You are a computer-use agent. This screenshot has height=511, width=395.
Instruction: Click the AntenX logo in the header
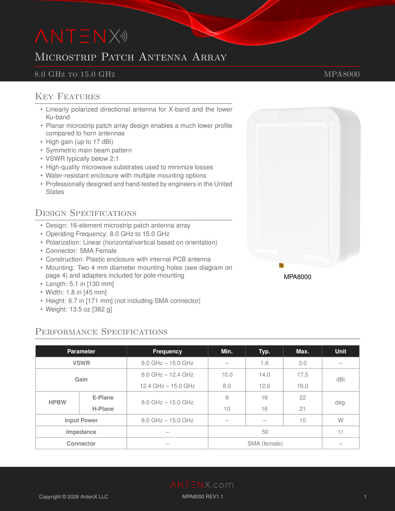[81, 37]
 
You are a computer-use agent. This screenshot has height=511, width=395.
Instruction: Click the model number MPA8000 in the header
[341, 74]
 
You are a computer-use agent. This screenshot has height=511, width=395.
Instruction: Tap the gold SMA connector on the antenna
[281, 265]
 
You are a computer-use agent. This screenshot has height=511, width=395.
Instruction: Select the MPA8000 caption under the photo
[297, 277]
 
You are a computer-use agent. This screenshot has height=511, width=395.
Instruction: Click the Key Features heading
[67, 96]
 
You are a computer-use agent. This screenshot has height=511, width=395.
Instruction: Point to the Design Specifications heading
[86, 213]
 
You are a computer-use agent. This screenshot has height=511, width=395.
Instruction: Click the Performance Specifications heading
[101, 332]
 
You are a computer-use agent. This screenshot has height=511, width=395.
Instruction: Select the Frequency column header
[167, 351]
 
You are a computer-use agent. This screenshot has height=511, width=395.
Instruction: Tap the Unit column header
[340, 351]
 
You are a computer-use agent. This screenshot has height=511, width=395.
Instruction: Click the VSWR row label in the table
[81, 363]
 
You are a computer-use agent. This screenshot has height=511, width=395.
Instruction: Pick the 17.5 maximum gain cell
[302, 375]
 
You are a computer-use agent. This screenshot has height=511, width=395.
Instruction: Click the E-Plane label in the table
[103, 397]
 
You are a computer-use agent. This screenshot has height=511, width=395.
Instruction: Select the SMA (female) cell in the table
[265, 444]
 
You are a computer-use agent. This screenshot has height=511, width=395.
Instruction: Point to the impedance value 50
[265, 432]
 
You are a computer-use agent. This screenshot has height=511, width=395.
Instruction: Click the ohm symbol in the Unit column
[340, 432]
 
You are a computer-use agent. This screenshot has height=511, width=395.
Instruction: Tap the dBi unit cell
[340, 380]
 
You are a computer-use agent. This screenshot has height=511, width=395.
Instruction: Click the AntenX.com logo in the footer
[202, 485]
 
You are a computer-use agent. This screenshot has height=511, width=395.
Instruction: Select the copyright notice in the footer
[73, 497]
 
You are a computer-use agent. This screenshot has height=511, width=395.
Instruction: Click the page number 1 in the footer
[365, 497]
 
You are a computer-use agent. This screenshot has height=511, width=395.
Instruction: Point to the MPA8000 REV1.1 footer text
[202, 497]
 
